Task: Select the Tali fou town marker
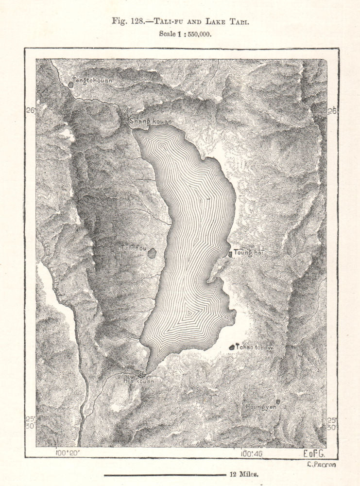[x=153, y=253]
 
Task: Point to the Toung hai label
[x=248, y=252]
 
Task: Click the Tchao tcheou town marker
[x=232, y=347]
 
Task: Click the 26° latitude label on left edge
[x=31, y=111]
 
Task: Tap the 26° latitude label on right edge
[x=332, y=111]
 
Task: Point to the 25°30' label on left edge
[x=31, y=423]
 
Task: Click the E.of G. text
[x=313, y=453]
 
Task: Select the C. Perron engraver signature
[x=321, y=465]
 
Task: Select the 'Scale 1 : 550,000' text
[x=185, y=34]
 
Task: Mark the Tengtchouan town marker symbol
[x=70, y=85]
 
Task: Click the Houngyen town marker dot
[x=278, y=401]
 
